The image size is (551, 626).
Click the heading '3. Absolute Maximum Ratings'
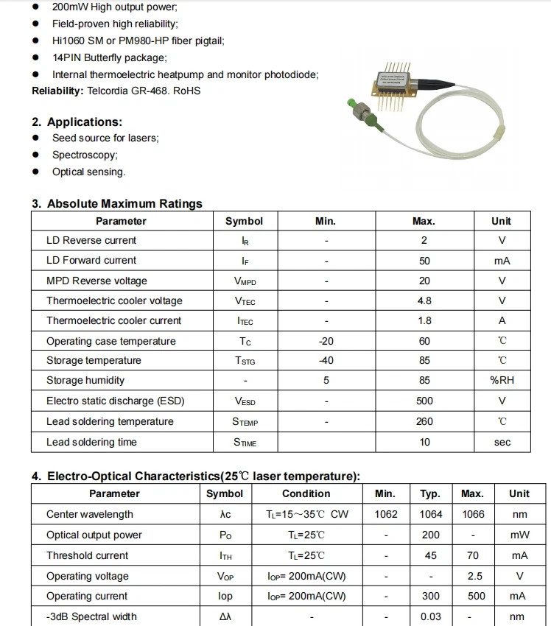[116, 203]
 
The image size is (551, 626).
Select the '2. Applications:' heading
[77, 122]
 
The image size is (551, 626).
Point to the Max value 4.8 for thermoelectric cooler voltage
[424, 300]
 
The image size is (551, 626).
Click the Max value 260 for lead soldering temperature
[424, 421]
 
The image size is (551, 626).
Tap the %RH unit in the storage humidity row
[502, 380]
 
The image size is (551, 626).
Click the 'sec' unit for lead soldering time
[502, 442]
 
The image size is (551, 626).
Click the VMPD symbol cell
[244, 281]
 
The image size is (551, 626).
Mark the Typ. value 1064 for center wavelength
[431, 514]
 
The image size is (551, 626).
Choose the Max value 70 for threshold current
[473, 555]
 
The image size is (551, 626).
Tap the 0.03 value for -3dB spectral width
[431, 616]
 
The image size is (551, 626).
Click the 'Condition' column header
[306, 493]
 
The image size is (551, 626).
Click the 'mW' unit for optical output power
[519, 535]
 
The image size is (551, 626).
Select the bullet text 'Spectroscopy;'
[85, 155]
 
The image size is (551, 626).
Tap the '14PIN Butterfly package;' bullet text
[109, 57]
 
